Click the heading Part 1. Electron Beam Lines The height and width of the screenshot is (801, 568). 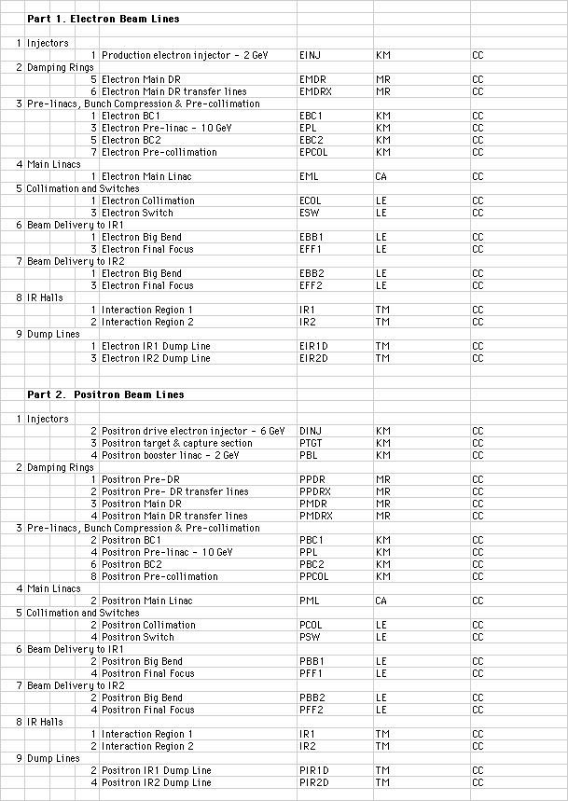(x=103, y=19)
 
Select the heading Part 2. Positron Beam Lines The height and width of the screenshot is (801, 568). (x=105, y=394)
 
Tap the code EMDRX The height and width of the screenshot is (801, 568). (x=315, y=91)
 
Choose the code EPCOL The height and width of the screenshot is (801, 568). (x=313, y=152)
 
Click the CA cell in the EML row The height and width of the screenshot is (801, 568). (x=381, y=176)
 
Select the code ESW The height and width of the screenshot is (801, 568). (x=309, y=213)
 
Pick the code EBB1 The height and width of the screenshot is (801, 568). (x=312, y=237)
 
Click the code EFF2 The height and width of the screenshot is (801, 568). (x=311, y=285)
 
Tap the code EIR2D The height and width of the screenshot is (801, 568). (x=313, y=358)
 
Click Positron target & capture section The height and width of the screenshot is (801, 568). (x=176, y=443)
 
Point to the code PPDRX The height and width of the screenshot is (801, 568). (x=315, y=491)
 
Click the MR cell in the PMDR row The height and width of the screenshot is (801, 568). (x=382, y=504)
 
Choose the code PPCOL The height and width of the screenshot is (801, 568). (x=313, y=576)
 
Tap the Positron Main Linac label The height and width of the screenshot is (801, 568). (x=146, y=601)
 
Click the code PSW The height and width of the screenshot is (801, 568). (x=309, y=637)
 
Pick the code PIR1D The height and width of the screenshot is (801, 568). (x=313, y=770)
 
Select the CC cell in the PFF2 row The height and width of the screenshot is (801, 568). (x=478, y=710)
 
